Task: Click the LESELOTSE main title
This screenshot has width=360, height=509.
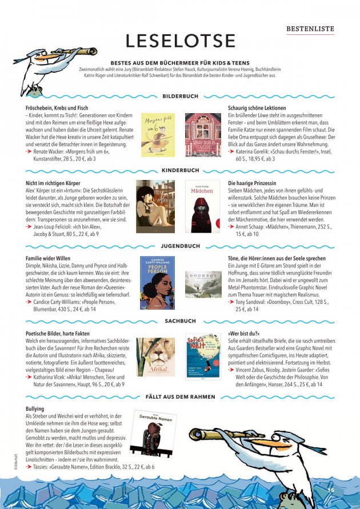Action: tap(181, 41)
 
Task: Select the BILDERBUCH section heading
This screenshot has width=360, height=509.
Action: tap(181, 97)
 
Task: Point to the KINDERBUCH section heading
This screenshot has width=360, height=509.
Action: tap(181, 170)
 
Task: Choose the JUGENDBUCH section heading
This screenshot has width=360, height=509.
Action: tap(181, 246)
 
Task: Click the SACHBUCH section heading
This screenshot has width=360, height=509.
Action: tap(181, 322)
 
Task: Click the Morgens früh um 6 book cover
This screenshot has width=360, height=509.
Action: tap(158, 135)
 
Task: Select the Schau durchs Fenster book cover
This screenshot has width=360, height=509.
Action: tap(202, 135)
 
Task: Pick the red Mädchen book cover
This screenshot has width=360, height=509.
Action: tap(201, 207)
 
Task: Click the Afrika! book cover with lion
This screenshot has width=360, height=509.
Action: tap(155, 357)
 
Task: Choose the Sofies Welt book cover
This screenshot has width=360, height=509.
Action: tap(202, 356)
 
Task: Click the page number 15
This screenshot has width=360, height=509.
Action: tap(330, 490)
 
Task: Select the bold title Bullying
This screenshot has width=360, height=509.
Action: tap(35, 409)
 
